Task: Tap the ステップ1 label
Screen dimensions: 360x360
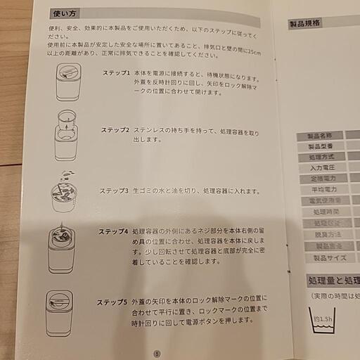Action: [x=116, y=72]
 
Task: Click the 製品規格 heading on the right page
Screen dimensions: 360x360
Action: [x=305, y=23]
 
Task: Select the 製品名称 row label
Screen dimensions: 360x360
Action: [x=320, y=136]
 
